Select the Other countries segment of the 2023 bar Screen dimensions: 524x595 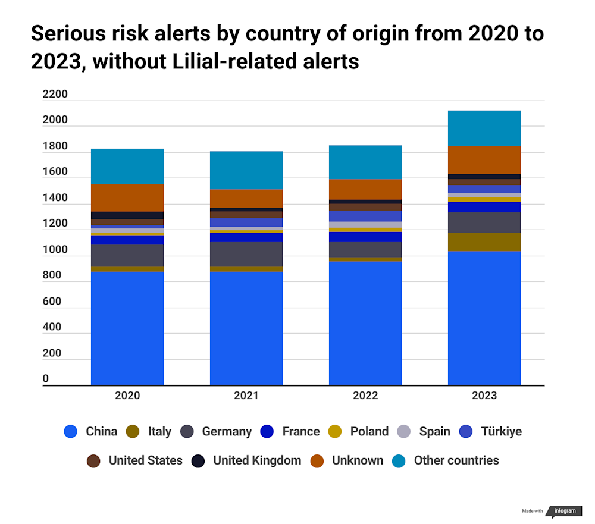click(484, 128)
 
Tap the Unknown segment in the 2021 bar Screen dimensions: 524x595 click(246, 199)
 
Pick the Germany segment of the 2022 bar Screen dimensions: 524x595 click(365, 249)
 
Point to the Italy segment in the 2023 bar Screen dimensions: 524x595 click(484, 241)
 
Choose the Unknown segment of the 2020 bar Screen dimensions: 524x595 click(127, 197)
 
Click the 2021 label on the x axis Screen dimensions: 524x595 click(246, 396)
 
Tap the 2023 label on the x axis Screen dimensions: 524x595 click(484, 396)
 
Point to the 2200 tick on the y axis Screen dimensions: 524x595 click(55, 95)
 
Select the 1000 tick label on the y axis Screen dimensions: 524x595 click(55, 250)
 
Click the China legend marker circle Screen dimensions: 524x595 click(71, 432)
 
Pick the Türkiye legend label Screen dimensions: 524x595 click(501, 432)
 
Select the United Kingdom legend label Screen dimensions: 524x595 click(257, 460)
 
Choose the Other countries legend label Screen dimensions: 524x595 click(456, 460)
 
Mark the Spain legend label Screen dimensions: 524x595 click(434, 432)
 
